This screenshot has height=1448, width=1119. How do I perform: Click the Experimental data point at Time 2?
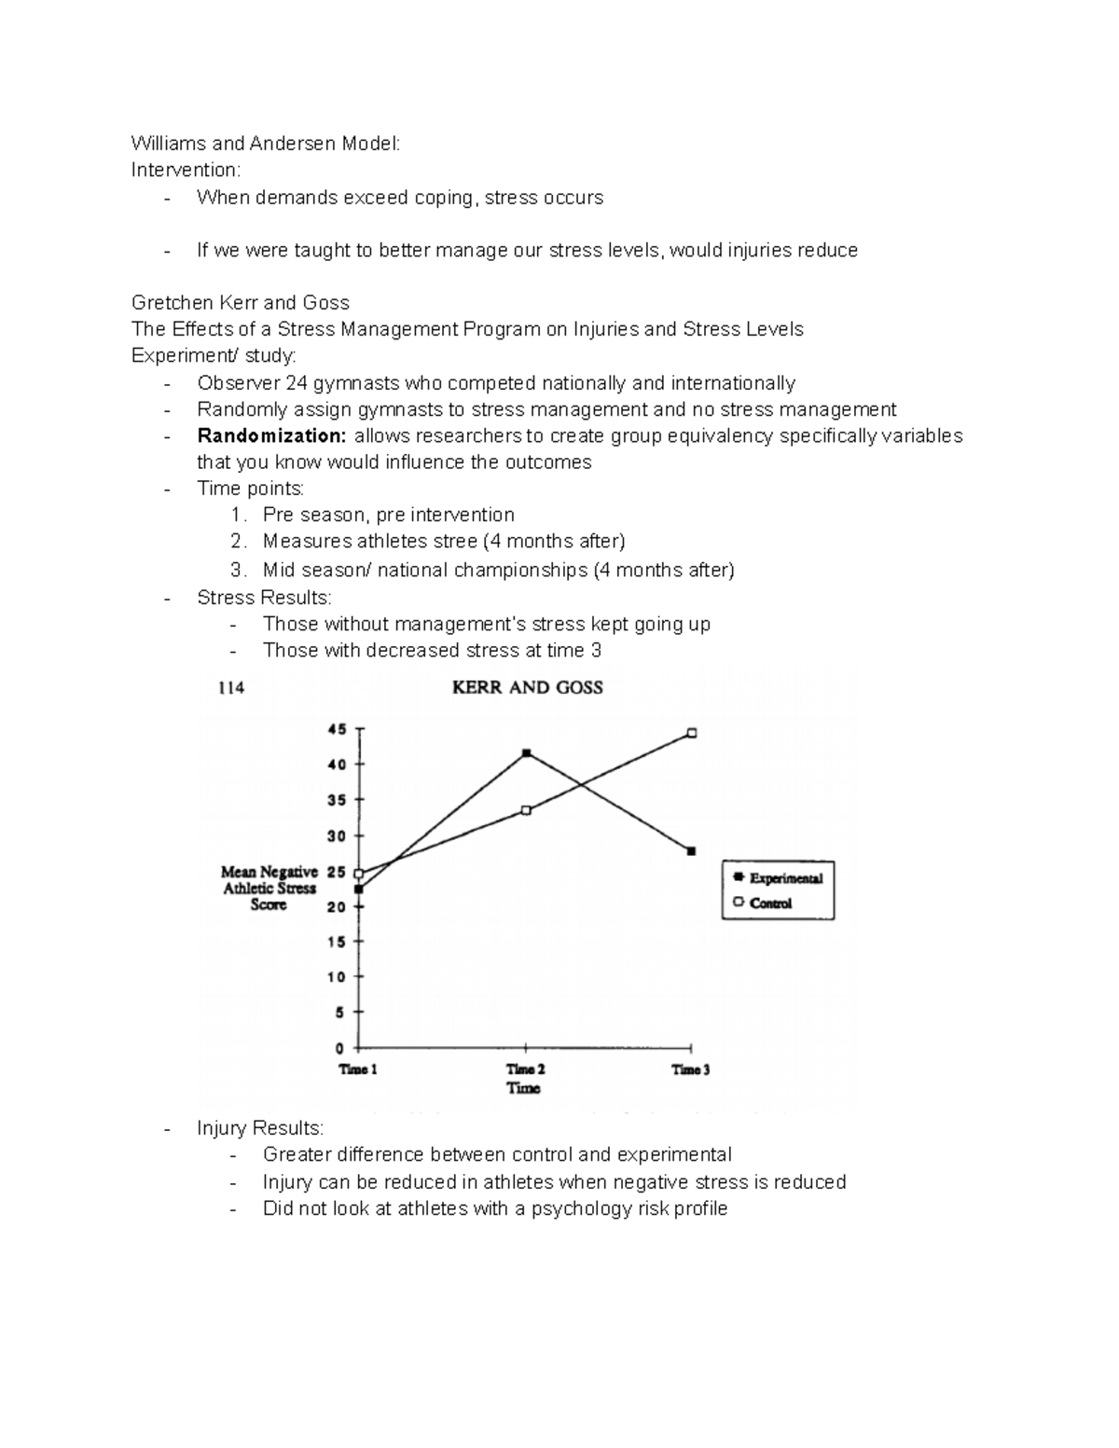pos(527,752)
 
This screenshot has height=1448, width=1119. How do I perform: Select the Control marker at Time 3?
pos(692,733)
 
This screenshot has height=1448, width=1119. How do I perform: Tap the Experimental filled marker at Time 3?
pos(691,851)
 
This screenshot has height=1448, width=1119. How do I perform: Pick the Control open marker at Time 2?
pos(526,810)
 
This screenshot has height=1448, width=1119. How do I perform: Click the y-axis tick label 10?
pos(337,977)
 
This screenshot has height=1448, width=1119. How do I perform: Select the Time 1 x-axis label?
pos(358,1069)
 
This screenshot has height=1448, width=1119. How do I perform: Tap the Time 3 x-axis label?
pos(691,1069)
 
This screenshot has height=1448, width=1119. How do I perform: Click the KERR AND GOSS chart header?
pos(527,688)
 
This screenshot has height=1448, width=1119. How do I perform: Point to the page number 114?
pos(230,688)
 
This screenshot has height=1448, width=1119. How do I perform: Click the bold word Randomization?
pos(271,435)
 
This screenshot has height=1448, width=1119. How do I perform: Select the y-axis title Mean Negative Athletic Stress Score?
pos(269,888)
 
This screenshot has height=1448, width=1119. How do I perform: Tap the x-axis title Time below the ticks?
pos(524,1088)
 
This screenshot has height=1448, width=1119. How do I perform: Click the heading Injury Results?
pos(260,1128)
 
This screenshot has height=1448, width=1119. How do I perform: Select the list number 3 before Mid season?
pos(237,570)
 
